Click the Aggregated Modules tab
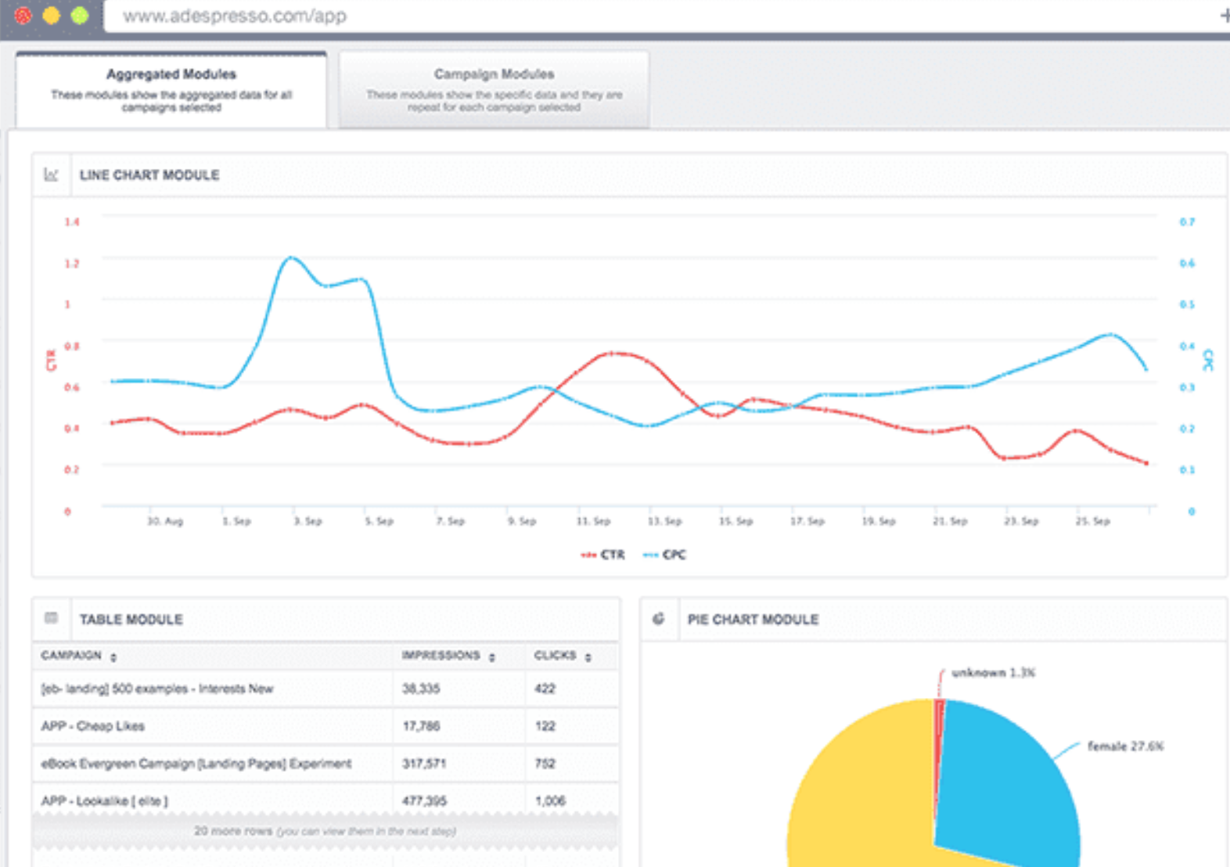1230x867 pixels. (x=171, y=88)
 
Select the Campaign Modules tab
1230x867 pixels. (x=494, y=88)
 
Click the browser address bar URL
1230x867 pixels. (x=235, y=16)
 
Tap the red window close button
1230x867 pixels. (x=23, y=15)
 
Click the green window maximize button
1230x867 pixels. (x=79, y=15)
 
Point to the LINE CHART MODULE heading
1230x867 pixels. (x=149, y=175)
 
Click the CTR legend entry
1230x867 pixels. (x=603, y=555)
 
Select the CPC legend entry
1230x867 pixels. (x=665, y=555)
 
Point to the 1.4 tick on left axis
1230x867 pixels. (x=72, y=222)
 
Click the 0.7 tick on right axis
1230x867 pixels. (x=1187, y=222)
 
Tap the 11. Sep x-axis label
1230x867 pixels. (x=593, y=521)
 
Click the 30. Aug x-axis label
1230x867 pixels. (x=165, y=521)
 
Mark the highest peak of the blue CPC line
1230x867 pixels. (x=291, y=257)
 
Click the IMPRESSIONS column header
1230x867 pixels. (x=441, y=656)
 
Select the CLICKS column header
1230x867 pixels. (x=556, y=656)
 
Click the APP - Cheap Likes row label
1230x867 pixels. (x=93, y=726)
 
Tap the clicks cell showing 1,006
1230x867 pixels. (x=550, y=800)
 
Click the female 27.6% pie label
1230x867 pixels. (x=1124, y=746)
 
